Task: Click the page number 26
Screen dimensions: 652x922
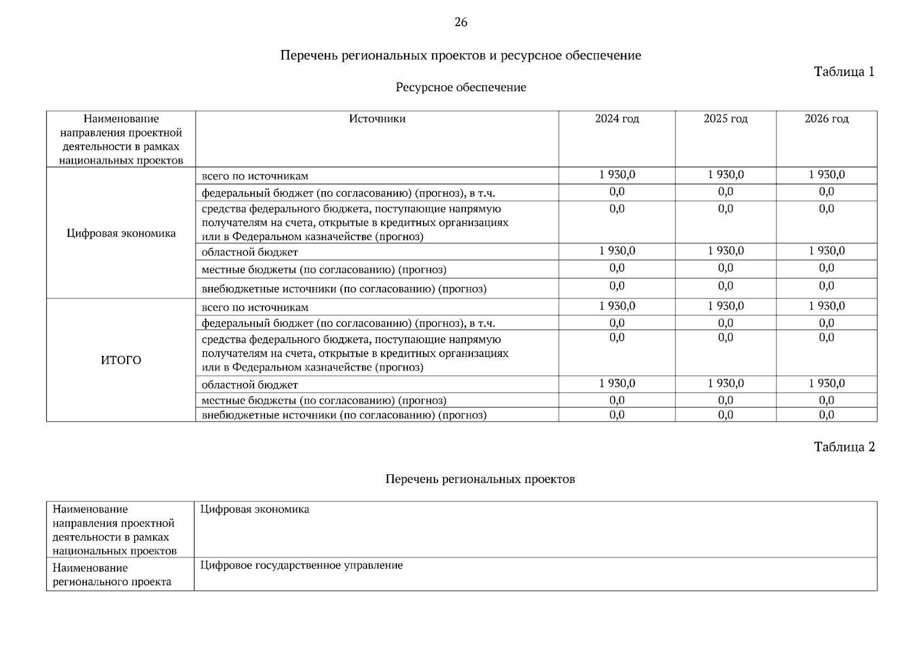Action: coord(460,22)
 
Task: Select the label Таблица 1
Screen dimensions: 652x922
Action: coord(844,72)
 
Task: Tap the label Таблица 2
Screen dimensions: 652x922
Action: coord(844,447)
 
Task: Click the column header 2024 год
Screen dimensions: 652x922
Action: coord(617,119)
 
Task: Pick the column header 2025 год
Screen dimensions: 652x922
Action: coord(725,119)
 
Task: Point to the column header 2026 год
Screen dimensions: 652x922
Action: coord(826,119)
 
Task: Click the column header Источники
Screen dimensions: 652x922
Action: coord(377,119)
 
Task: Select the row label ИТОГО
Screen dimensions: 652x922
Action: coord(121,360)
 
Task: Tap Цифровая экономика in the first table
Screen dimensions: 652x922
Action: coord(121,234)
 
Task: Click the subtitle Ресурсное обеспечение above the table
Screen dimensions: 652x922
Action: coord(460,87)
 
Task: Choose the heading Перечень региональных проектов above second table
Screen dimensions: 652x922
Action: coord(480,479)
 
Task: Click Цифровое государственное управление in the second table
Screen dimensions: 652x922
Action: coord(301,566)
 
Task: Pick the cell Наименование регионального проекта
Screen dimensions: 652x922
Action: coord(112,575)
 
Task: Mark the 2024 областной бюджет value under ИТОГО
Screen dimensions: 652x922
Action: coord(617,384)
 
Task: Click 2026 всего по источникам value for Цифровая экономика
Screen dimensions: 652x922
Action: coord(826,175)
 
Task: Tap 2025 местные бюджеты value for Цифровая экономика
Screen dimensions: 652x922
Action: coord(725,268)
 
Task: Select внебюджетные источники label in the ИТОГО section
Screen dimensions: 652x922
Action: coord(344,416)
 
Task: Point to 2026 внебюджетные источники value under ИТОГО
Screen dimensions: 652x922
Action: coord(826,415)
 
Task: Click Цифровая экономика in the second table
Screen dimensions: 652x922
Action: coord(255,510)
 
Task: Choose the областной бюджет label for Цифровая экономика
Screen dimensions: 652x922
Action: coord(250,253)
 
